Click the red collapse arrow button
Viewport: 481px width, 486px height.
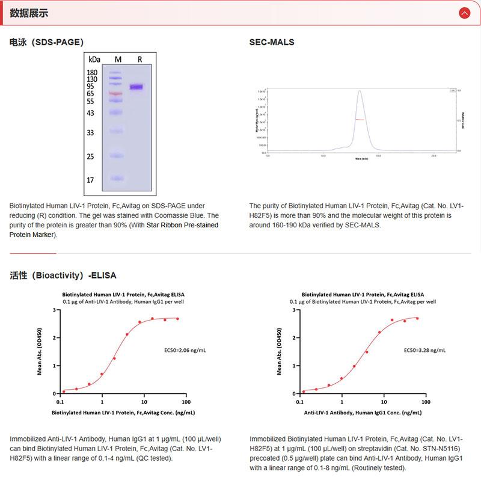464,13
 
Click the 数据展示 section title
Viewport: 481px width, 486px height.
29,13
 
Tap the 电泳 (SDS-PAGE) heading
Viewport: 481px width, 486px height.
46,42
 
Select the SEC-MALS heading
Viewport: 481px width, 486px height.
272,42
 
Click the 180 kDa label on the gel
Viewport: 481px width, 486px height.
92,72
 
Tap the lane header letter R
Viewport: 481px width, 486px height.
139,60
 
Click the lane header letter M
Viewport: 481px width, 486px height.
118,60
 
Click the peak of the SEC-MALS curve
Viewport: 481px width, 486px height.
359,91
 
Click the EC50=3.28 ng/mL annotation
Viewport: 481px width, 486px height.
424,349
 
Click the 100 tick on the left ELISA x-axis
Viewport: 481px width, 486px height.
186,401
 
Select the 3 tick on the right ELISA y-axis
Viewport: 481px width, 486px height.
291,310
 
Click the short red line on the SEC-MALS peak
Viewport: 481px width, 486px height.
359,120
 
